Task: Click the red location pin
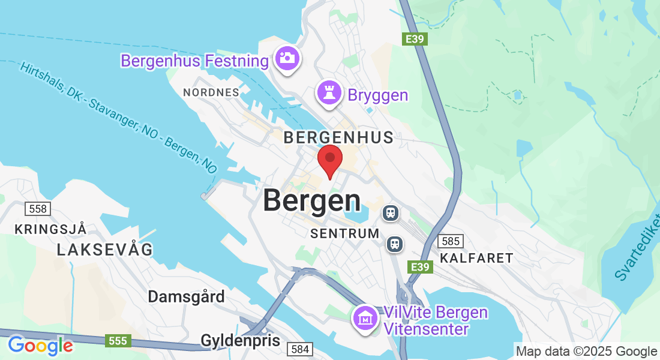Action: tap(329, 158)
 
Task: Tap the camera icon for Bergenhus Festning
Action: tap(287, 58)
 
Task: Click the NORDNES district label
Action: tap(211, 92)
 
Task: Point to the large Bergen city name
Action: tap(312, 200)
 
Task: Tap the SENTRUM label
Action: tap(345, 233)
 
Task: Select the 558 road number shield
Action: tap(37, 209)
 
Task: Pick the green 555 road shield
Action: tap(118, 341)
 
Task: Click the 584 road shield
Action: tap(299, 349)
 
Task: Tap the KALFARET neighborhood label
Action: tap(476, 258)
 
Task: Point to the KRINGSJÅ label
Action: tap(51, 229)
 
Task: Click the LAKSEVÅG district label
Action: tap(105, 250)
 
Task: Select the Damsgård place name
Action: tap(187, 296)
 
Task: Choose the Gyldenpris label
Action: tap(240, 341)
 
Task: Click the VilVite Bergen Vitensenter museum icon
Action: tap(365, 317)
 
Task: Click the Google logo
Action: tap(40, 346)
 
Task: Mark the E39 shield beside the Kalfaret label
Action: tap(420, 266)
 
